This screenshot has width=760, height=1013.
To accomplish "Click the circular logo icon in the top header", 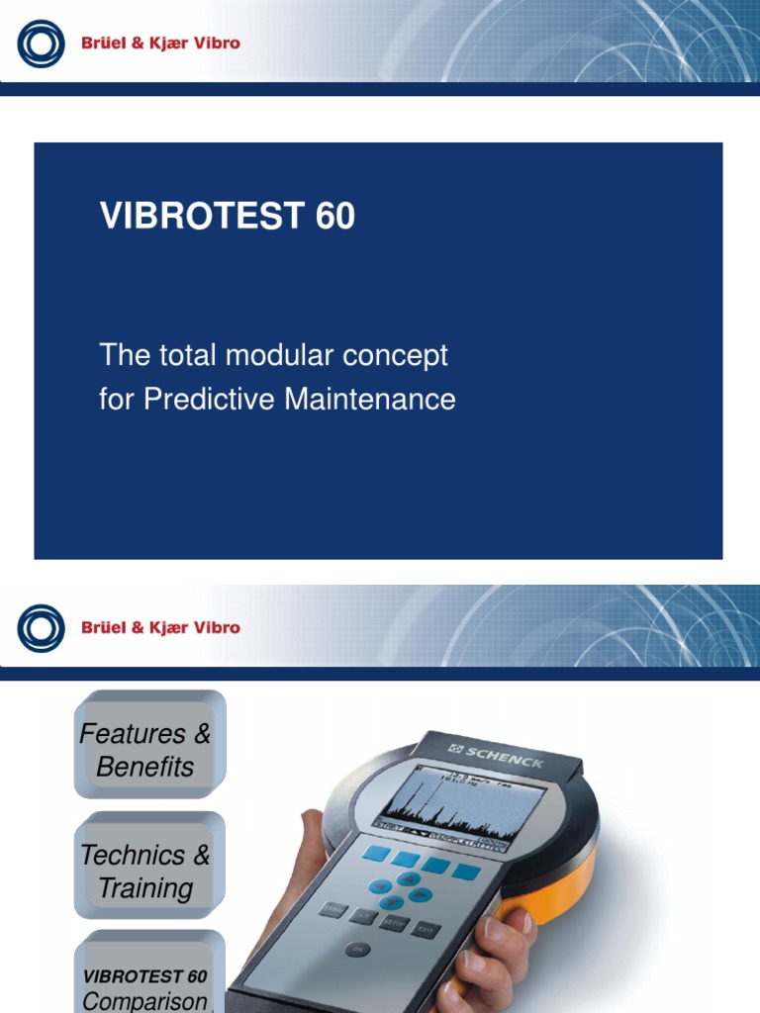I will click(x=41, y=44).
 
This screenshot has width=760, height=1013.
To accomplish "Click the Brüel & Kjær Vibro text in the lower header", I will click(x=160, y=627).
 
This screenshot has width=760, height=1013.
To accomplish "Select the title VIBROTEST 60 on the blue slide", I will click(x=228, y=216).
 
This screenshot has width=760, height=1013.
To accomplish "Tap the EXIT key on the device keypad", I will click(x=426, y=929).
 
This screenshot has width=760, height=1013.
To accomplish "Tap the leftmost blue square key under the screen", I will click(x=376, y=853).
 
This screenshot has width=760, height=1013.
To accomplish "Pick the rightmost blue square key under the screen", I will click(x=466, y=872).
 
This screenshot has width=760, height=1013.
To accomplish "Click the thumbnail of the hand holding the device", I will click(x=426, y=871).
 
